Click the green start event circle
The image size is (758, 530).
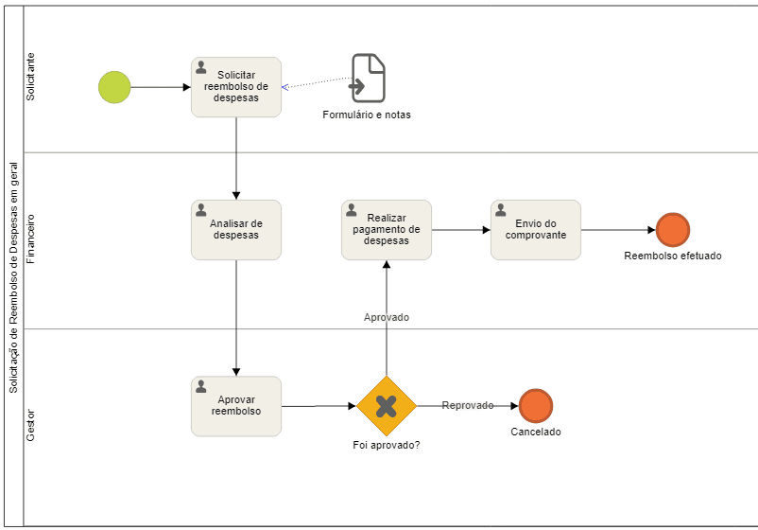(114, 87)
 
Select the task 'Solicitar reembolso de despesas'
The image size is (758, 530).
(236, 87)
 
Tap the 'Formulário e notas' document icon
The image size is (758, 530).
(369, 78)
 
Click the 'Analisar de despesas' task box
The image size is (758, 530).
(236, 230)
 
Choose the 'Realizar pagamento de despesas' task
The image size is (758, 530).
(387, 230)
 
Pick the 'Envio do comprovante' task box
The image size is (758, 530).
(536, 230)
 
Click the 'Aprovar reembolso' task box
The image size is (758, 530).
(236, 406)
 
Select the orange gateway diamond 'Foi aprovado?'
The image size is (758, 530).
(387, 406)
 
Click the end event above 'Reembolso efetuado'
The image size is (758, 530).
(672, 230)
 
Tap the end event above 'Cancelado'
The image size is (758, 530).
(536, 406)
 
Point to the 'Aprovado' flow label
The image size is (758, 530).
(387, 317)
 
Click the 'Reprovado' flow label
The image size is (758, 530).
(468, 405)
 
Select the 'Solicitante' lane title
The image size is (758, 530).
(30, 77)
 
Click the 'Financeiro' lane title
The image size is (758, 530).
(30, 239)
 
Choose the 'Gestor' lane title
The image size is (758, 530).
(30, 426)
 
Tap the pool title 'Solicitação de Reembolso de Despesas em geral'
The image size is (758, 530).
(13, 277)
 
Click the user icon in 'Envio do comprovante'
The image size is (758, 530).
(501, 209)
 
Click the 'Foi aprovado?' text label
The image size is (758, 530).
(387, 445)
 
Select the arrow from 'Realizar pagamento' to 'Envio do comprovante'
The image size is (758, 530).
(461, 230)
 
